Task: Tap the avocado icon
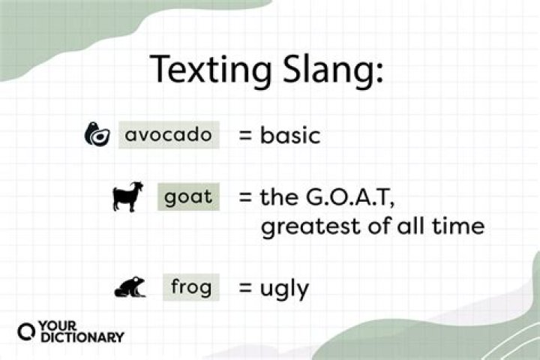pyautogui.click(x=97, y=135)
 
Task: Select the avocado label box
pyautogui.click(x=169, y=135)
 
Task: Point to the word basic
pyautogui.click(x=290, y=136)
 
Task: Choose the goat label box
pyautogui.click(x=188, y=197)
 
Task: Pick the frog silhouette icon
pyautogui.click(x=130, y=287)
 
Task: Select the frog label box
pyautogui.click(x=191, y=286)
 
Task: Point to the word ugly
pyautogui.click(x=284, y=289)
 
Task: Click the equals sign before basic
pyautogui.click(x=244, y=136)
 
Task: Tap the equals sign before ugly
pyautogui.click(x=244, y=287)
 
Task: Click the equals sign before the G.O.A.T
pyautogui.click(x=244, y=198)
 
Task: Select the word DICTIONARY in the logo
pyautogui.click(x=82, y=338)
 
